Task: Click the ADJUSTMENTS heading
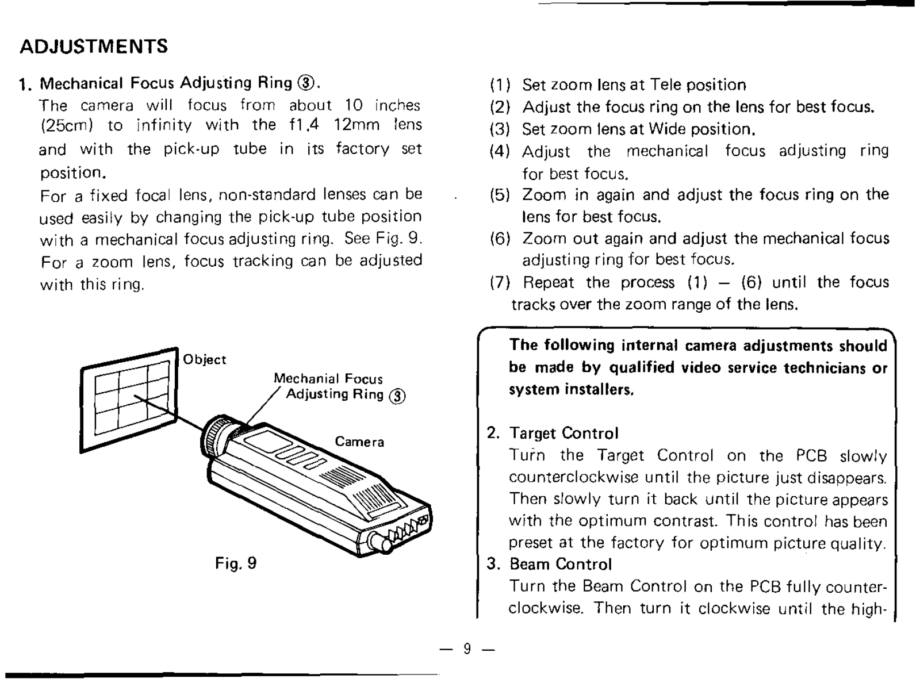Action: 94,46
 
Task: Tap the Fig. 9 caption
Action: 236,563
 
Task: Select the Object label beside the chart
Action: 205,359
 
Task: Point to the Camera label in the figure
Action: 359,442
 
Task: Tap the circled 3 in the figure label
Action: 397,396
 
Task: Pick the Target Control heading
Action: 563,433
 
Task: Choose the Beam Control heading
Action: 561,564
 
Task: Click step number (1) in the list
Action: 500,85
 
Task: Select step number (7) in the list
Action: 500,282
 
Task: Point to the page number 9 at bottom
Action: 467,649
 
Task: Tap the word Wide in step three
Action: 668,129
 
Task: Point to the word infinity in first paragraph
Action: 164,125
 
